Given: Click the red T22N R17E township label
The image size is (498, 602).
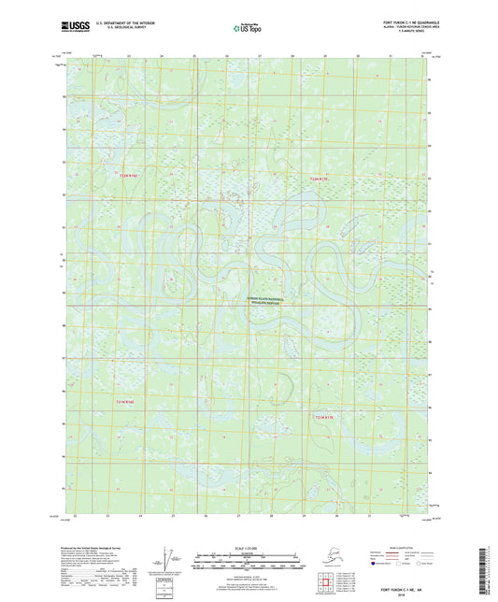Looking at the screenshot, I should [320, 178].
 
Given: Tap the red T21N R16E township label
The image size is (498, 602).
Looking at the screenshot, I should [125, 402].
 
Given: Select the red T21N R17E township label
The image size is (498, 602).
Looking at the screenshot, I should [321, 416].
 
